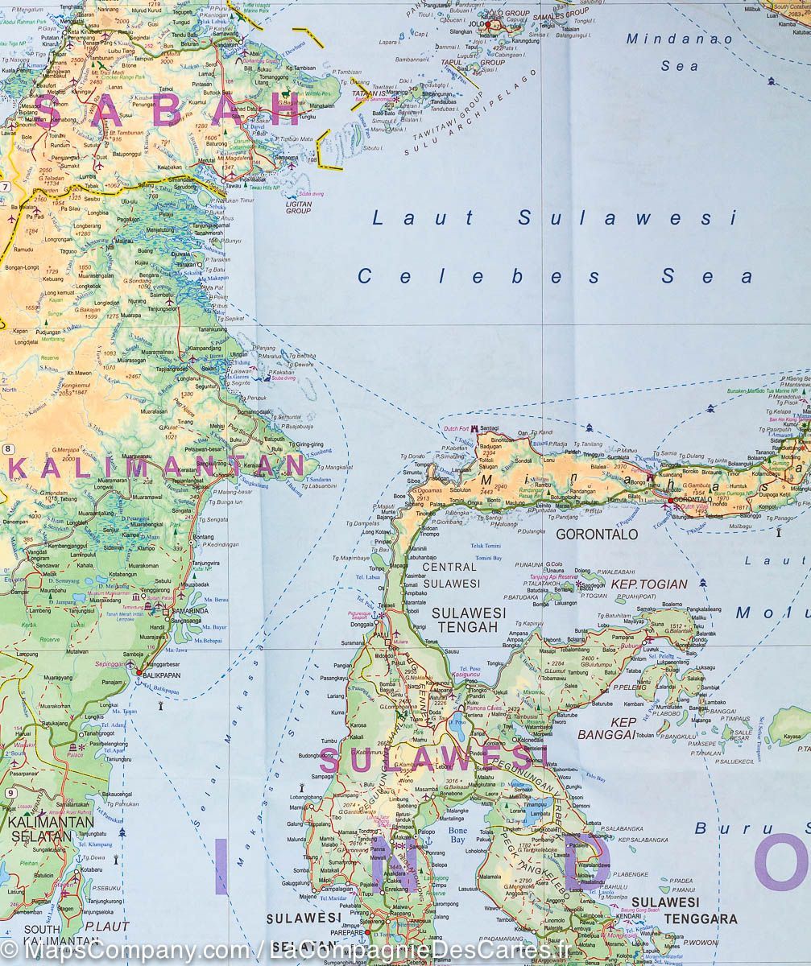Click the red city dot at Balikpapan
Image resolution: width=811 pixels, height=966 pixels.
[x=139, y=673]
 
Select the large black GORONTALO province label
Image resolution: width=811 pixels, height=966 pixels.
[x=597, y=534]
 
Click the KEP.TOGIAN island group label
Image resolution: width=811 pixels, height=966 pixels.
[x=649, y=584]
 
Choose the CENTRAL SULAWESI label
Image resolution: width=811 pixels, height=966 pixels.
[x=450, y=575]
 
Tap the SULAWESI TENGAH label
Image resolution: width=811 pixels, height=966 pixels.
[x=469, y=620]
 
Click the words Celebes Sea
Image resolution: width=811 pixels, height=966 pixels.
[x=556, y=277]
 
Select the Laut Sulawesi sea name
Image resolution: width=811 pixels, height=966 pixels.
[x=554, y=218]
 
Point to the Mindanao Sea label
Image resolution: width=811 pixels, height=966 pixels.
[x=680, y=52]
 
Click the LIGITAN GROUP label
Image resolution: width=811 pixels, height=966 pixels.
[x=298, y=207]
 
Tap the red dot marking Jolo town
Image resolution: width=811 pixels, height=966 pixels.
[x=488, y=25]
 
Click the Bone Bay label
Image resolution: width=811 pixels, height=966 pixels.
[x=457, y=835]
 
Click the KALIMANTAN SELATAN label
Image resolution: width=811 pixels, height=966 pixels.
[x=51, y=829]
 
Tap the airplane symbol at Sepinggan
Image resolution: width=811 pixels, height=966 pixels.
[x=131, y=664]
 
